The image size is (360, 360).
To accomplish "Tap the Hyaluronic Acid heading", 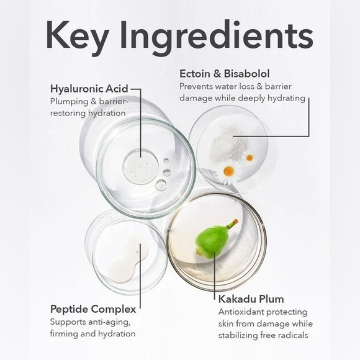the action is coord(89,89).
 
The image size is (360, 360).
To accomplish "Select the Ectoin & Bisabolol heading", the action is coord(225,74).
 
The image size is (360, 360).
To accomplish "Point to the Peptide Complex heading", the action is coord(93,309).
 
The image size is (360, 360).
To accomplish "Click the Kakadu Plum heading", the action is coord(251,299).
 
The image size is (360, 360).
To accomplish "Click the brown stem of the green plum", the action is coord(232,223).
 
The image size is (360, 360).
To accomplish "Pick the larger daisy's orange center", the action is coord(228,171).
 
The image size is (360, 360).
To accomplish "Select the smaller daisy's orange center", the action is coord(250,158).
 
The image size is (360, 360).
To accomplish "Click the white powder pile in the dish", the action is coord(228,144).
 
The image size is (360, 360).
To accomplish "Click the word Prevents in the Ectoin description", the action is coord(196,86).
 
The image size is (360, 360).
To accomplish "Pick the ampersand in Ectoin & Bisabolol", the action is coord(217,74).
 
